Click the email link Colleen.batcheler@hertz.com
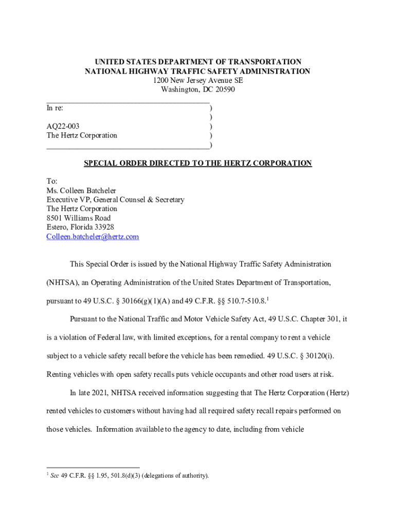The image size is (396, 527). click(x=93, y=237)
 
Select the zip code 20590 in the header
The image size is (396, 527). click(x=224, y=90)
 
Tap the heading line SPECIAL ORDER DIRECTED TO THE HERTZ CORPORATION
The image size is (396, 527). click(x=198, y=163)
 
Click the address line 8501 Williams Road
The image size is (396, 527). click(x=79, y=218)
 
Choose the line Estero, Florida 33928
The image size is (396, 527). click(x=80, y=227)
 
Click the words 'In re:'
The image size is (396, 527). click(x=55, y=108)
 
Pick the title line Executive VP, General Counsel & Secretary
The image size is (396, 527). click(x=115, y=200)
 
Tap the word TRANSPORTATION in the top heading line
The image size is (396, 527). click(x=262, y=62)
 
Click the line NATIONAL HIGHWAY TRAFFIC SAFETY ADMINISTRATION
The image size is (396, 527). click(x=197, y=71)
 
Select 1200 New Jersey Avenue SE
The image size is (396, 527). click(x=197, y=80)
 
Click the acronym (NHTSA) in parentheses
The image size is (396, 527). click(x=63, y=283)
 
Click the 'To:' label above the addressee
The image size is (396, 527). click(x=52, y=181)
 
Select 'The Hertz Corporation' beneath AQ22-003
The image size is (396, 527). click(x=82, y=135)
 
